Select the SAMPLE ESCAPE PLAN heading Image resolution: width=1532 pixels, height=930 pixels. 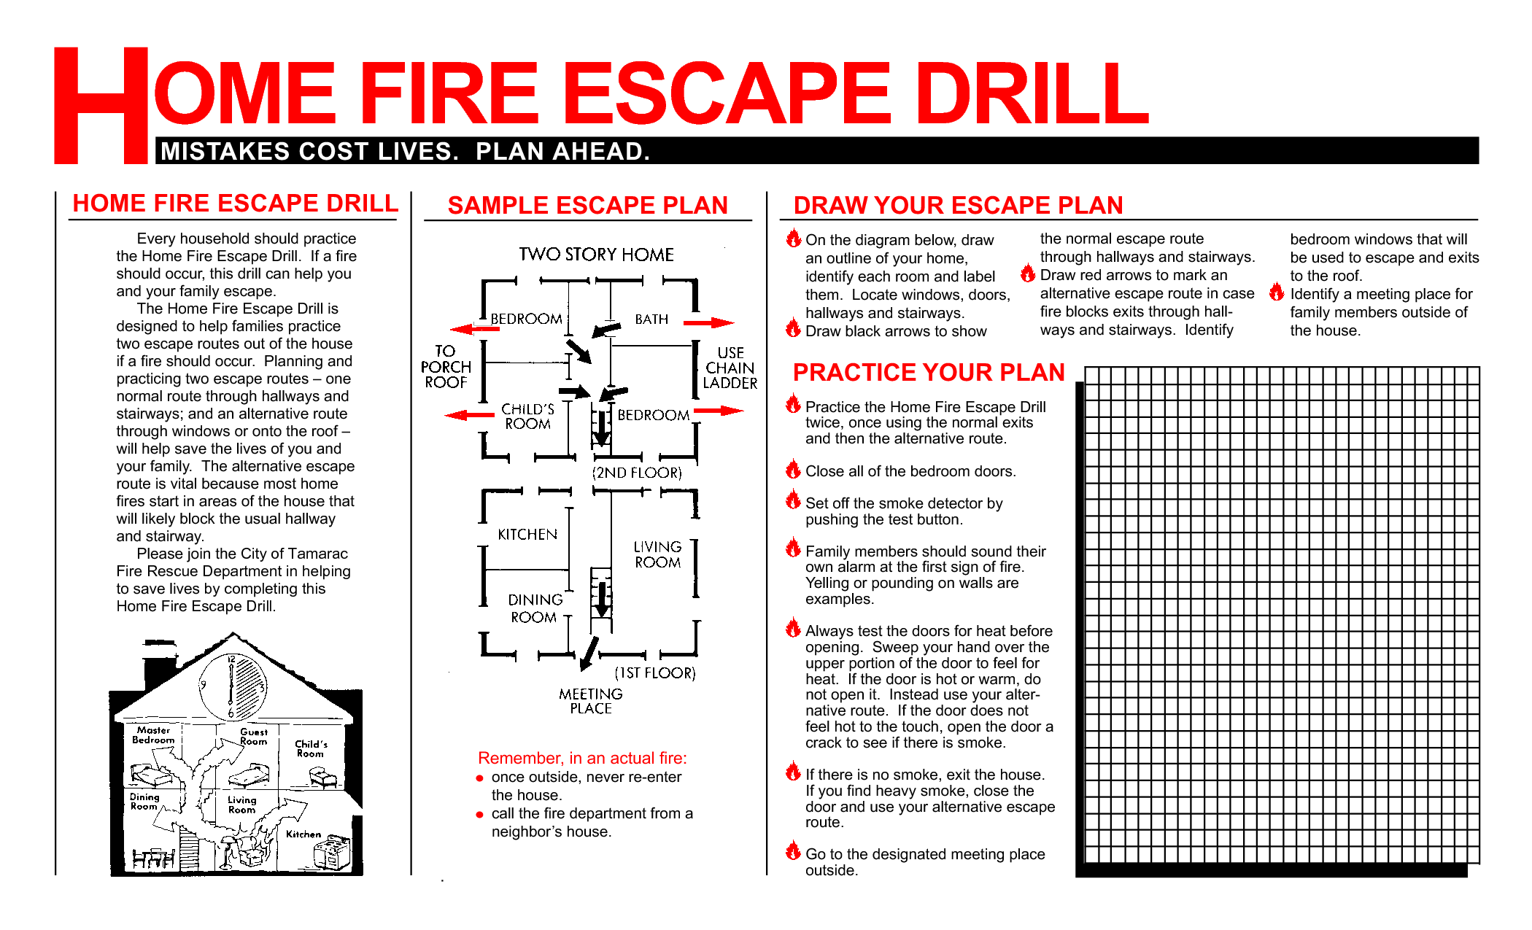[x=587, y=205]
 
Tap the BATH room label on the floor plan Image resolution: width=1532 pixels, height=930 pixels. [x=651, y=319]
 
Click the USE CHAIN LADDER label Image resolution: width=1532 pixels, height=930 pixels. [x=730, y=368]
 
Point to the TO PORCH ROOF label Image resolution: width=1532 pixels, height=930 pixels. [x=446, y=367]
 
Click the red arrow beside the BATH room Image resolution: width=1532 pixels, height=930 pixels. [x=708, y=322]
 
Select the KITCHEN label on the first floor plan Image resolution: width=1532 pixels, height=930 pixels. [x=527, y=535]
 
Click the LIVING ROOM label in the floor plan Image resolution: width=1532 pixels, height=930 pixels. [x=657, y=554]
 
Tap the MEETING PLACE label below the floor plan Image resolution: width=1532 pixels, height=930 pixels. [x=591, y=701]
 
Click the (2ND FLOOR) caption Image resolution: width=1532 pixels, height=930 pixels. [x=637, y=473]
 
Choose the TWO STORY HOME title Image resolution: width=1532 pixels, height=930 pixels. [x=596, y=255]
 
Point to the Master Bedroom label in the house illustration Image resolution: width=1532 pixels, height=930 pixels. [x=153, y=735]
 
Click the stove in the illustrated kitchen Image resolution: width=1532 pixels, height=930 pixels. [x=332, y=852]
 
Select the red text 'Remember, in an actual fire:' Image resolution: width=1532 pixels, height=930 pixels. [x=582, y=758]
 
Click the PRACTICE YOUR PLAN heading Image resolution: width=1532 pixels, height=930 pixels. [x=929, y=373]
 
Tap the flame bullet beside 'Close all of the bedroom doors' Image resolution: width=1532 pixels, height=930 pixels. [x=793, y=469]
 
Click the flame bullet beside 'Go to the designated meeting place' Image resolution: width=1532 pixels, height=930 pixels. [x=793, y=850]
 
